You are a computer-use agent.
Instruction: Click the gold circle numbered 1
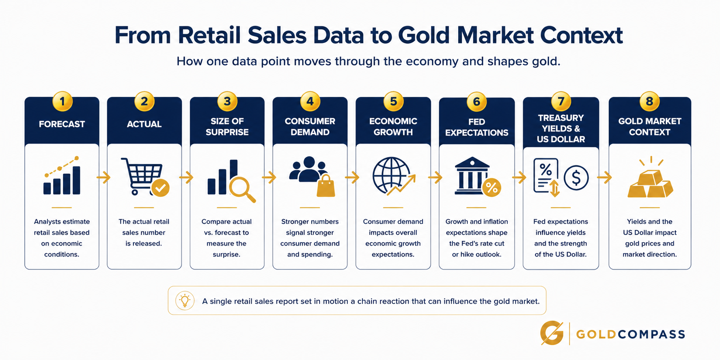62,101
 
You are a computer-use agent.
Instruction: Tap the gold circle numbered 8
649,101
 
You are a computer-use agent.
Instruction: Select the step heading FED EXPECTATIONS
476,127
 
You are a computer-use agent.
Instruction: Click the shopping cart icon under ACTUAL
142,176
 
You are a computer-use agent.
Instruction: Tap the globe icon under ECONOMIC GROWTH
391,176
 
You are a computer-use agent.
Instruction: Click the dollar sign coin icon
576,177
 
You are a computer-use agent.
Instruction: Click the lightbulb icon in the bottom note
185,301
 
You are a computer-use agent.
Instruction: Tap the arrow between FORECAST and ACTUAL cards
103,177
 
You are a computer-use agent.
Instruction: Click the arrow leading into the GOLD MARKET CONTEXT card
605,177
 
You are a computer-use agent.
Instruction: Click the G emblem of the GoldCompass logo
552,333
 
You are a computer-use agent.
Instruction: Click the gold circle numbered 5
393,101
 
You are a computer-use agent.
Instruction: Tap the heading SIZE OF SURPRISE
227,127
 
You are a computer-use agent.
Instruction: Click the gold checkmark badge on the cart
160,188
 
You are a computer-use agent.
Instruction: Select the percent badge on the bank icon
491,188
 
